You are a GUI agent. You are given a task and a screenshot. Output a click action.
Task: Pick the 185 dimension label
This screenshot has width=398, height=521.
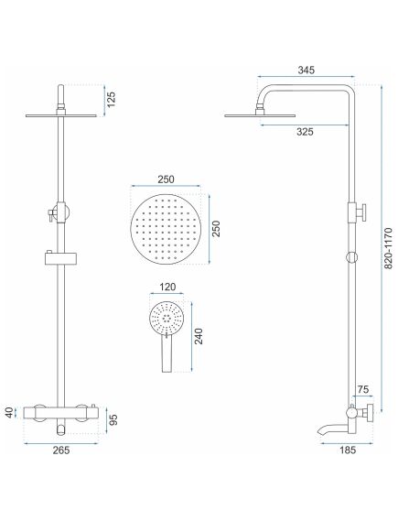[x=347, y=449]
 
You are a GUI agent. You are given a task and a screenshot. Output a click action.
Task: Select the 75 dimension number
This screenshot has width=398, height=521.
[x=363, y=391]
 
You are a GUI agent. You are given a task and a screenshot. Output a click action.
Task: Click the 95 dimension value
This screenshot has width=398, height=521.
[x=113, y=420]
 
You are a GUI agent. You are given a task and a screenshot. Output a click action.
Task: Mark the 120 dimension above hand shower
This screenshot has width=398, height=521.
[x=167, y=288]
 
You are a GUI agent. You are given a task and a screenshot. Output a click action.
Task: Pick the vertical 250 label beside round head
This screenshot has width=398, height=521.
[x=217, y=229]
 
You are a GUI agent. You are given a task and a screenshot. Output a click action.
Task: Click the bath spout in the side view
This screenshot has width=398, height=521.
[x=330, y=429]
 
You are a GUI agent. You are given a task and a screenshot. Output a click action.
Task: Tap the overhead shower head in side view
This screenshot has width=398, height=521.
[x=260, y=114]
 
